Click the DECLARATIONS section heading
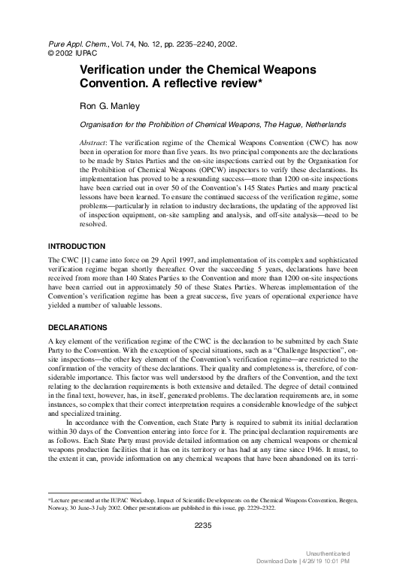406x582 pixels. [x=79, y=329]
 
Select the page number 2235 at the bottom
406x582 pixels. [x=202, y=525]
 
